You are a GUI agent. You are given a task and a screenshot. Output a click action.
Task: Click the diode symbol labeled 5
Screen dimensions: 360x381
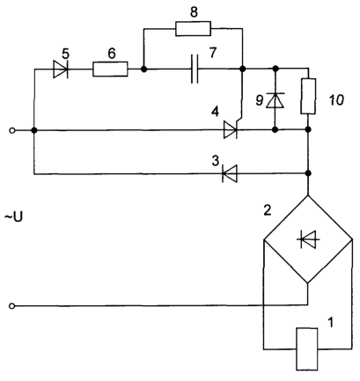coord(61,70)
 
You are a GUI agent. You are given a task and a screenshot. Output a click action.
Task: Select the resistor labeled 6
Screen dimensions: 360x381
coord(110,70)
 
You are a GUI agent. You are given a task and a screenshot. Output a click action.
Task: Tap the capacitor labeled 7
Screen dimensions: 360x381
coord(195,69)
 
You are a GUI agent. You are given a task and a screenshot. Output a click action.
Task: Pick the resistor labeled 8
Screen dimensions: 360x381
coord(193,28)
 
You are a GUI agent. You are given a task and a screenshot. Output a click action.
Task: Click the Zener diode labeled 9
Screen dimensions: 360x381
coord(275,100)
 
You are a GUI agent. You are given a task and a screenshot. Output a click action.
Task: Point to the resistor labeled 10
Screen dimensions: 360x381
coord(308,96)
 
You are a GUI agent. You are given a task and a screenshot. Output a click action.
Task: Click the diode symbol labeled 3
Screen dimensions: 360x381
coord(230,173)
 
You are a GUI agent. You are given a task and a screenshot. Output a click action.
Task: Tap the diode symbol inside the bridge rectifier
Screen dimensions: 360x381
coord(308,239)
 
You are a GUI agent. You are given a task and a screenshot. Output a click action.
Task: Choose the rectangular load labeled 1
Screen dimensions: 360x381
coord(307,349)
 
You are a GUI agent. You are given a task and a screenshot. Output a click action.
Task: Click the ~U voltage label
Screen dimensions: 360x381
coord(13,217)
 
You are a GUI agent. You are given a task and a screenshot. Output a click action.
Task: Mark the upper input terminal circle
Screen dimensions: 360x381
coord(12,130)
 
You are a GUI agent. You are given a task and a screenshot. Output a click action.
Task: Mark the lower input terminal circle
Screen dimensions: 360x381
coord(11,306)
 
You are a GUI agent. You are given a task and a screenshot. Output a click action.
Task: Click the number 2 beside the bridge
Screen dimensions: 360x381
coord(268,210)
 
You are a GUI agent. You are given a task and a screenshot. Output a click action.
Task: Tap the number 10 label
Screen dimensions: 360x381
coord(336,100)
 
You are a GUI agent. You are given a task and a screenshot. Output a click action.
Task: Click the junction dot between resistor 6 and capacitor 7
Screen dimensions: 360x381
coord(143,70)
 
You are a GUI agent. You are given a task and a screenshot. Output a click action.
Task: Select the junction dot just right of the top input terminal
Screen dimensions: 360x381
coord(34,130)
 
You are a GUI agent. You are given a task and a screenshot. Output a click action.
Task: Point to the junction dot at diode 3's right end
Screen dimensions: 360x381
coord(308,173)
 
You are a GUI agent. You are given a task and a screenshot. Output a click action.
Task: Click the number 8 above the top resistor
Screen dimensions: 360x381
coord(194,12)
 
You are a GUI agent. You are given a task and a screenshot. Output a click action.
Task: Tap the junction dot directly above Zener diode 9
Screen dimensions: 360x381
coord(276,69)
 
